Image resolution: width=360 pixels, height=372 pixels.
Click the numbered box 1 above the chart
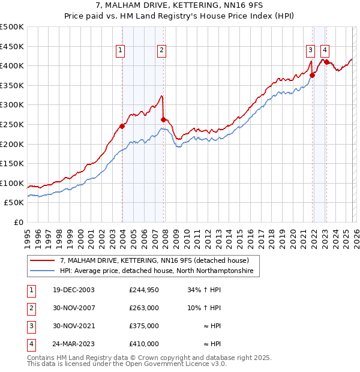121,51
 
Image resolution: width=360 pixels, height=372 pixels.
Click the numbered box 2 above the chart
162,51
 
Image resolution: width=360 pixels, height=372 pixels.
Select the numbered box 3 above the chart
310,51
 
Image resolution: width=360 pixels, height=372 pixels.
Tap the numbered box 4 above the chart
325,51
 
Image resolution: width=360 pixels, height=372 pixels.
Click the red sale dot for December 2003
122,126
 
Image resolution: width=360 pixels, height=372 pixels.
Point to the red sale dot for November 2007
163,119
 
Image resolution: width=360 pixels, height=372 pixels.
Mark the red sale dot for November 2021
313,75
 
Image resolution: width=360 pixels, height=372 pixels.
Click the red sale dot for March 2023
326,61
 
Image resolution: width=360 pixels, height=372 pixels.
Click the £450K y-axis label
12,46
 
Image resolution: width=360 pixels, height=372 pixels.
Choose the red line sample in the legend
43,261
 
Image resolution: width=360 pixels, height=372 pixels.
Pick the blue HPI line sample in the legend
43,271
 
